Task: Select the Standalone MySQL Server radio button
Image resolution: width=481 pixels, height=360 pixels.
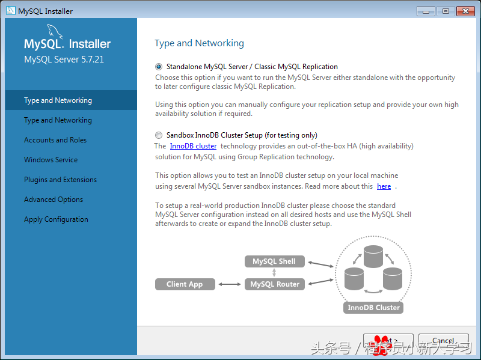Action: pos(159,67)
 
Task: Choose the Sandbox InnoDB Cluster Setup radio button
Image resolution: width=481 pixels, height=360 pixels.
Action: pos(159,135)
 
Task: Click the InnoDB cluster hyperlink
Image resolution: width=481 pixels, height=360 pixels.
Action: pos(193,146)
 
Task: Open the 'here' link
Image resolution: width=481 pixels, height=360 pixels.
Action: pos(384,186)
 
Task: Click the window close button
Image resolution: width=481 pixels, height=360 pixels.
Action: pos(465,11)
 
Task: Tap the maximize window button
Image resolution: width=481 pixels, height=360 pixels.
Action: pos(446,11)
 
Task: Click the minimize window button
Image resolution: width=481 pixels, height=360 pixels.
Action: pos(426,11)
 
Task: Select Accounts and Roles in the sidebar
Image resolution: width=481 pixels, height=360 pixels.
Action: pos(55,140)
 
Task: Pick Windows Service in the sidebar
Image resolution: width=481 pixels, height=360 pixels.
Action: pos(51,160)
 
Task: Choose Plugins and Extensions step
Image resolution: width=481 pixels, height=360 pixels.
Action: pos(60,180)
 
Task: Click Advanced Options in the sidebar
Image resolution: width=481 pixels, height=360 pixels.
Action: pos(54,200)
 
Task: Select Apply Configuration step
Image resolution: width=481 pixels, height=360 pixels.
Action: pos(56,219)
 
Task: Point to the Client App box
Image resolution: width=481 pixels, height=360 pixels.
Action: pos(185,284)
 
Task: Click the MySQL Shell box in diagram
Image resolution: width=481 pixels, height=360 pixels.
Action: pos(274,261)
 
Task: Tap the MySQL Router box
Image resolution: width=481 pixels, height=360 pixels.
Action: pos(274,284)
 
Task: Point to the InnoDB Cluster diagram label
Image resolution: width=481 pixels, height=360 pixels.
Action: pos(373,308)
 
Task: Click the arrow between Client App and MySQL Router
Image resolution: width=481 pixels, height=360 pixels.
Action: pos(230,284)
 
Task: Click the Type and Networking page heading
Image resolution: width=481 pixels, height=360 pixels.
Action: pos(199,43)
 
